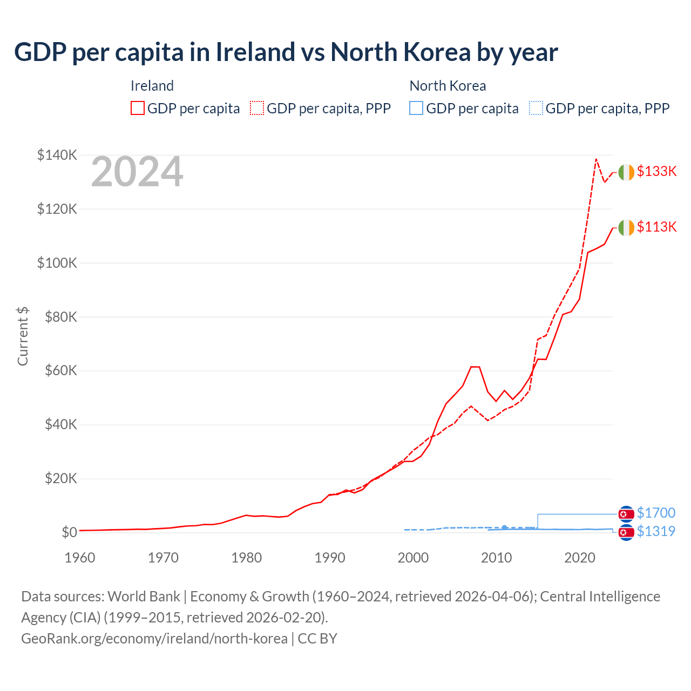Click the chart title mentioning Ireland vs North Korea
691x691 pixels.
pyautogui.click(x=286, y=52)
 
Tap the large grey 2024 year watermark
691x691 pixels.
pyautogui.click(x=137, y=172)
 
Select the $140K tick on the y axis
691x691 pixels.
pyautogui.click(x=57, y=155)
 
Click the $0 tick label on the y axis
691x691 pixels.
pyautogui.click(x=69, y=532)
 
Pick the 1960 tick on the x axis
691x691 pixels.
pyautogui.click(x=80, y=558)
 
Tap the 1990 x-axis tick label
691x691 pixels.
pyautogui.click(x=330, y=558)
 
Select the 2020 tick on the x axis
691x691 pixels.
pyautogui.click(x=580, y=558)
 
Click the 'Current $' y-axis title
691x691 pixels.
pyautogui.click(x=23, y=336)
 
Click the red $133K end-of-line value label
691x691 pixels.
pyautogui.click(x=656, y=172)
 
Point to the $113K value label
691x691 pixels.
pyautogui.click(x=656, y=227)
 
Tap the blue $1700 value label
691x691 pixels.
pyautogui.click(x=656, y=513)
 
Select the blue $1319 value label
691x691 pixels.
pyautogui.click(x=656, y=531)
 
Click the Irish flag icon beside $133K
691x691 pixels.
pyautogui.click(x=626, y=172)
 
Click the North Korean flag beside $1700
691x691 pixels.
pyautogui.click(x=626, y=513)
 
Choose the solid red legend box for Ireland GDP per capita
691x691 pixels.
pyautogui.click(x=138, y=109)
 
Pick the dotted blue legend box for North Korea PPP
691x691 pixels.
pyautogui.click(x=536, y=109)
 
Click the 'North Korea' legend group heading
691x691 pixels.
pyautogui.click(x=448, y=86)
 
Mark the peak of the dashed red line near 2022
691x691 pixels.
pyautogui.click(x=596, y=159)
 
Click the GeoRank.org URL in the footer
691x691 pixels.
pyautogui.click(x=154, y=639)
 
